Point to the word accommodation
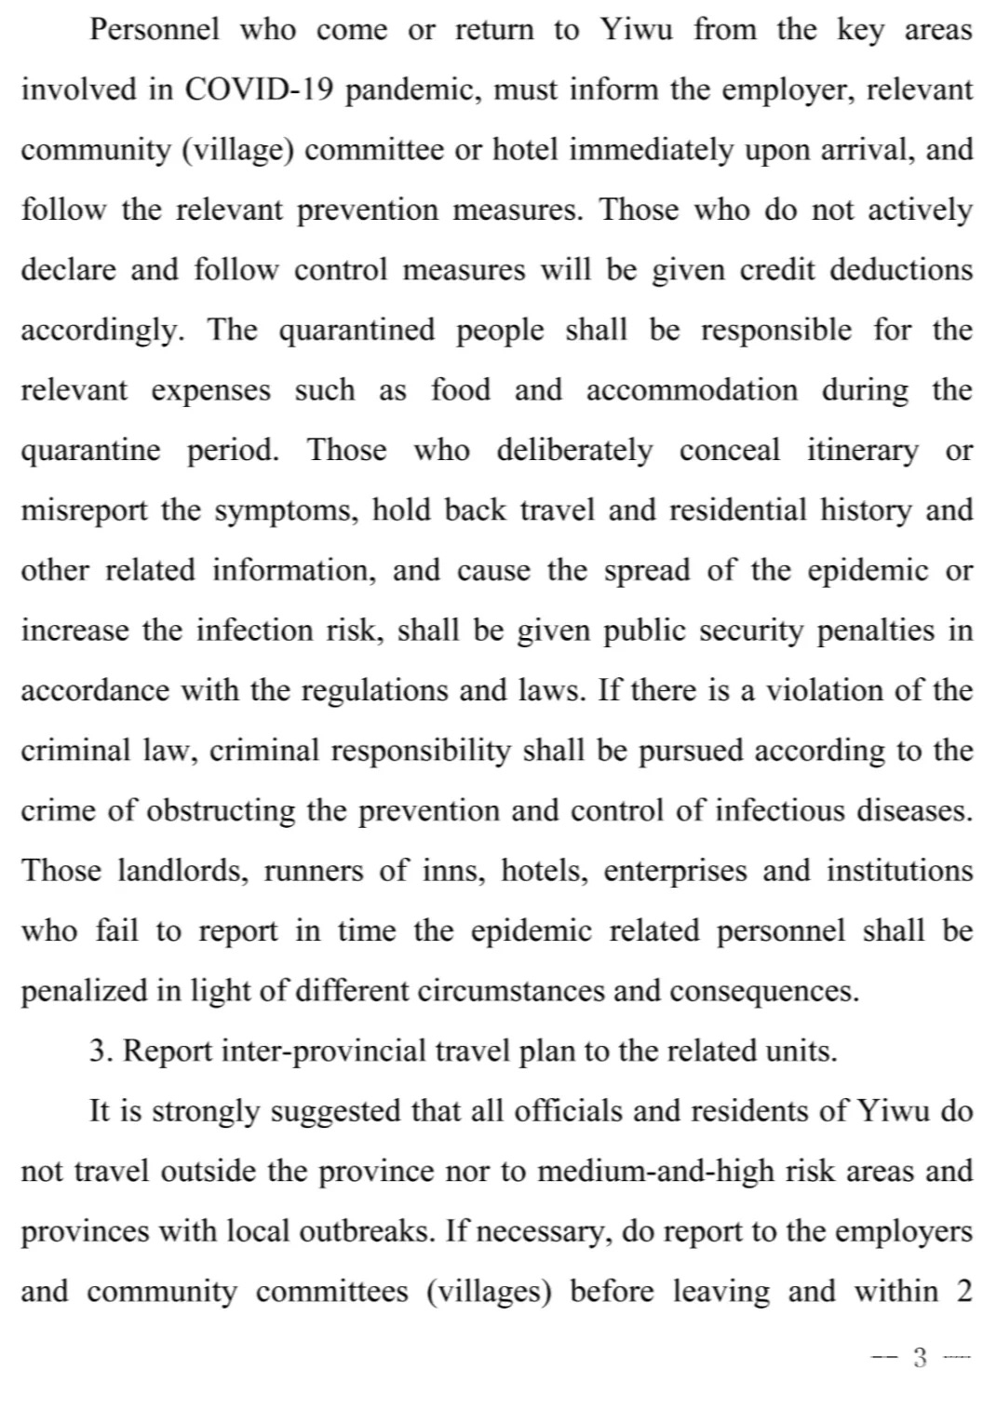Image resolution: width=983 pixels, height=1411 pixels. [x=691, y=390]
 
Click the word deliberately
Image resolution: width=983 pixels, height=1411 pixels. [x=574, y=451]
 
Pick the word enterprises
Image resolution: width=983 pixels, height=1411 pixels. [x=675, y=871]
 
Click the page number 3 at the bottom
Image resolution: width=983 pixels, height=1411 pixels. [x=921, y=1358]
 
